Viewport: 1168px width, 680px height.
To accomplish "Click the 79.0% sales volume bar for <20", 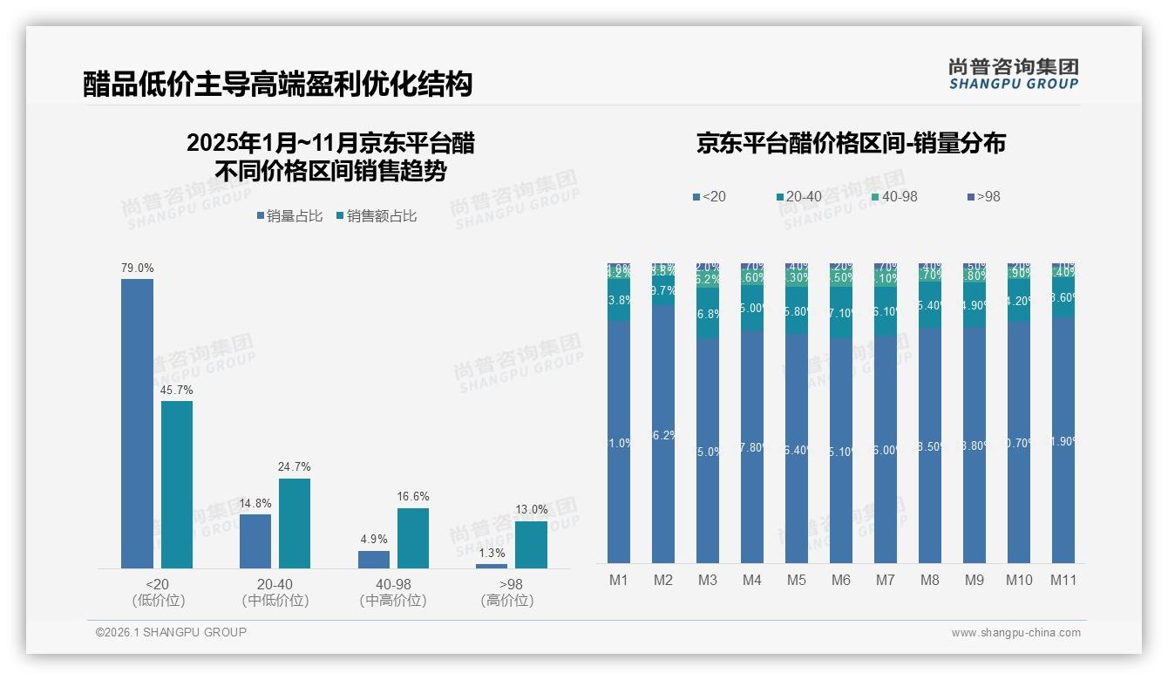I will tap(137, 424).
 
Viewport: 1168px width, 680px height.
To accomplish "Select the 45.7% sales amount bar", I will tap(177, 485).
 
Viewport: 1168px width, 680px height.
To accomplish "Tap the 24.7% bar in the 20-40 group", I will tap(295, 523).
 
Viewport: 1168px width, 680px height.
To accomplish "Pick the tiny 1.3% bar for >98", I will tap(492, 566).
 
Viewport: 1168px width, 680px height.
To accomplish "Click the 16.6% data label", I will tap(413, 497).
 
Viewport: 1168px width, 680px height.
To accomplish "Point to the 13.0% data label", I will tap(532, 509).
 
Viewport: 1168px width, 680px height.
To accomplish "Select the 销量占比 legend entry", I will tap(289, 216).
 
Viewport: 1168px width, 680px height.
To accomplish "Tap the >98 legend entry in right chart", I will tap(982, 197).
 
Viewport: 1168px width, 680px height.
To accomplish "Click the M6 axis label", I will tap(841, 581).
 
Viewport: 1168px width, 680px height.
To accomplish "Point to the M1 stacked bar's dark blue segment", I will tap(619, 442).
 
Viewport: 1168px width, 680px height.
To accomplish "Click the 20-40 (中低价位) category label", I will tap(275, 592).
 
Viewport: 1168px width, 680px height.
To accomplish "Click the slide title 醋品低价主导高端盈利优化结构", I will tap(278, 84).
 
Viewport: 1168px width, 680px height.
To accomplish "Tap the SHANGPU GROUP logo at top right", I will tap(1013, 74).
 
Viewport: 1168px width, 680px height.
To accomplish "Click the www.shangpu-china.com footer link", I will tap(1015, 633).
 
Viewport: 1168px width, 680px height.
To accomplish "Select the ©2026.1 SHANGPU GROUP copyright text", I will tap(171, 632).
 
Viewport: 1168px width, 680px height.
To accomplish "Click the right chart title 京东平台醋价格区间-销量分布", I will tap(851, 144).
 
